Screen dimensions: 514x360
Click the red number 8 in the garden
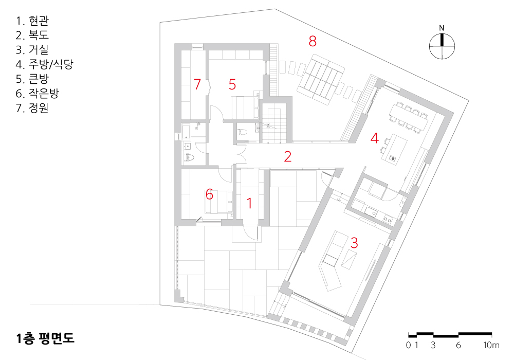(313, 41)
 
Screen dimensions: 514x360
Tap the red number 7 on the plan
(197, 84)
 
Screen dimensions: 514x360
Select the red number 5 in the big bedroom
(232, 84)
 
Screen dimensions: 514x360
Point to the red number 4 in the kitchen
(374, 138)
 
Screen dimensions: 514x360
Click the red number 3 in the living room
(354, 243)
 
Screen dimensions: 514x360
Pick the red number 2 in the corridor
(287, 157)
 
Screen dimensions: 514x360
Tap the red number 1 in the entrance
(249, 203)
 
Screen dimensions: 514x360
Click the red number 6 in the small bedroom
(209, 194)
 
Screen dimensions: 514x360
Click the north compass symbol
(442, 46)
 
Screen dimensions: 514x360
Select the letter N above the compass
(442, 28)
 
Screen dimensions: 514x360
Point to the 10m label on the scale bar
(491, 345)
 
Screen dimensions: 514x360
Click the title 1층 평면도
(45, 338)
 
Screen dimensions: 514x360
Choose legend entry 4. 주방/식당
(44, 64)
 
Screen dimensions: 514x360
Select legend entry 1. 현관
(32, 21)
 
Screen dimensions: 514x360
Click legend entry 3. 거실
(32, 49)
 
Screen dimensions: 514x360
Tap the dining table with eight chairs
(409, 118)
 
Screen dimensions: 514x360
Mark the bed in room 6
(218, 202)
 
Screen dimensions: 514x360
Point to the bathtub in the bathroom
(186, 132)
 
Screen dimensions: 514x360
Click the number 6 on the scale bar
(458, 345)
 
